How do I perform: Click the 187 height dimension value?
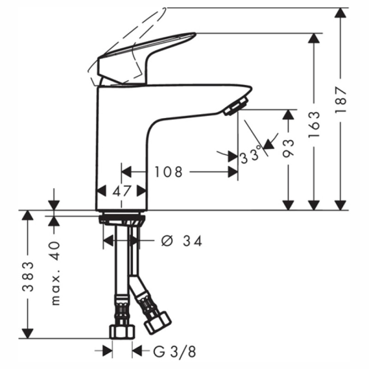pos(341,99)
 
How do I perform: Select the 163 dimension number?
pos(314,124)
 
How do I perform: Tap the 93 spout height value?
pos(288,148)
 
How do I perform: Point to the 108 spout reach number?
pos(168,172)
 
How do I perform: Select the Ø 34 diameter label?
pos(182,241)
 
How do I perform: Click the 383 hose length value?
pos(28,276)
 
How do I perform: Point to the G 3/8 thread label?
pos(174,352)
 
